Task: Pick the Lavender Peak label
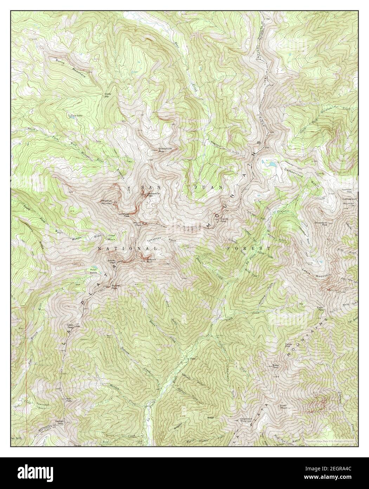(124, 215)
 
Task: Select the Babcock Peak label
(151, 261)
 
